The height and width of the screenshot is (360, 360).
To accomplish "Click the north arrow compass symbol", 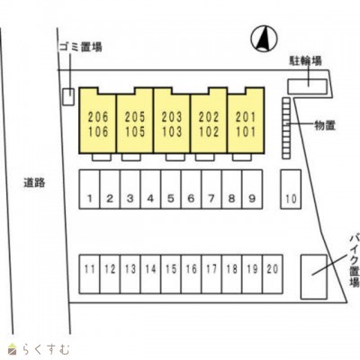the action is click(264, 39).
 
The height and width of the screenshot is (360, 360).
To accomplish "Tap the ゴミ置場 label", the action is click(80, 47).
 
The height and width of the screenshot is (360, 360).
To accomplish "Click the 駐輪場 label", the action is click(305, 60).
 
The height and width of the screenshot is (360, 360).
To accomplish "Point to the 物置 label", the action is click(325, 125).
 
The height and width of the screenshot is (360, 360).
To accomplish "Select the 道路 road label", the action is click(34, 183).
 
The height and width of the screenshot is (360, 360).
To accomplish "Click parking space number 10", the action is click(291, 189).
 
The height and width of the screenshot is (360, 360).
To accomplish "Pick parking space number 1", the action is click(89, 189).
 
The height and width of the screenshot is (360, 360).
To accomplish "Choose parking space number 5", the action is click(171, 189).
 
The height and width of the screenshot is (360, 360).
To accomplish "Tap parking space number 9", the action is click(252, 189).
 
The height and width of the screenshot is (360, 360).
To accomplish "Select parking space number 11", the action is click(89, 274).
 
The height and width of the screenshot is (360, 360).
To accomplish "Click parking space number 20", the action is click(273, 274).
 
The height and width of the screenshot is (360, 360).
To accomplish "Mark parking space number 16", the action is click(191, 274).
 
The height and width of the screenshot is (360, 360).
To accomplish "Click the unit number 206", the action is click(98, 117).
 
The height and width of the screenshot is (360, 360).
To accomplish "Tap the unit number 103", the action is click(172, 131).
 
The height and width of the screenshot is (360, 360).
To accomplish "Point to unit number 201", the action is click(246, 117).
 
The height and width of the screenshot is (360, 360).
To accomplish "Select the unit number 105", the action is click(135, 131).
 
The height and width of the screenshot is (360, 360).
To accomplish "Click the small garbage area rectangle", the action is click(68, 97).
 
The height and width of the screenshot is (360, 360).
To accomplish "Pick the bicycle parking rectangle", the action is click(307, 86).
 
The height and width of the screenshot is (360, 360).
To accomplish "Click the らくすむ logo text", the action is click(46, 350).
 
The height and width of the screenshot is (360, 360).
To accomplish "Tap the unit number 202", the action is click(209, 117).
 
